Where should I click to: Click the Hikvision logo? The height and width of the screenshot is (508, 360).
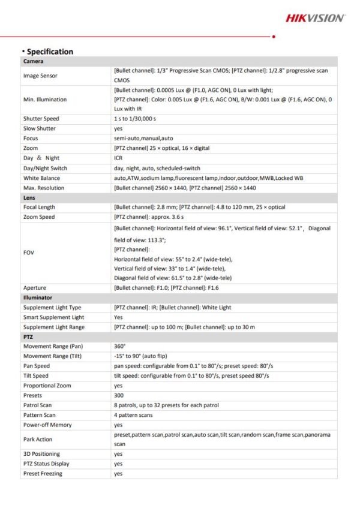[x=314, y=19]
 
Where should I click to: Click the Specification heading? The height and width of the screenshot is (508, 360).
[x=49, y=52]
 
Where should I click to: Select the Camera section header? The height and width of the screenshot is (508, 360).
[x=33, y=62]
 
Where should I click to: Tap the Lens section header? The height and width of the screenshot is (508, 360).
[x=29, y=197]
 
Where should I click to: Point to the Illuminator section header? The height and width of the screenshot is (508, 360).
[x=37, y=297]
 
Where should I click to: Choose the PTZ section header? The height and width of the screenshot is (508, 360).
[x=28, y=337]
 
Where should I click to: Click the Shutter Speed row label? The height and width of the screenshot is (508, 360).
[x=41, y=119]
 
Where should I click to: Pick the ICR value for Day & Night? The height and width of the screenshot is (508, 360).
[x=118, y=158]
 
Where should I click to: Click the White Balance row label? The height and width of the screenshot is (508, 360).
[x=41, y=178]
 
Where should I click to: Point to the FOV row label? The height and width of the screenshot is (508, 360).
[x=28, y=253]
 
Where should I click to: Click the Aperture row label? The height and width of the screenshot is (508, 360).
[x=34, y=288]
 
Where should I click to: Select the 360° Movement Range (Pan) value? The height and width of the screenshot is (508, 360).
[x=119, y=347]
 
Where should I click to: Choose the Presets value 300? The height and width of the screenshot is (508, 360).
[x=118, y=396]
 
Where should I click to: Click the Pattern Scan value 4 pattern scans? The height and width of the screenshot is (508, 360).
[x=133, y=415]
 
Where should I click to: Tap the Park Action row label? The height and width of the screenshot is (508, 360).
[x=38, y=439]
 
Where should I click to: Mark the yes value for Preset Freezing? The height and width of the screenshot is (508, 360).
[x=118, y=474]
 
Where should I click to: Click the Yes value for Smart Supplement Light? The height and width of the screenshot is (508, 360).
[x=118, y=317]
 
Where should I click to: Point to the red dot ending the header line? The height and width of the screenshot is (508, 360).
[x=274, y=37]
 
